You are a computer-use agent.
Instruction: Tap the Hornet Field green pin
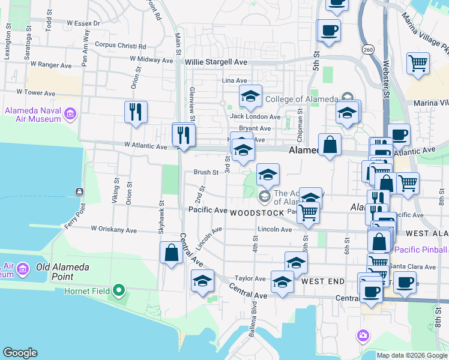[x=119, y=292]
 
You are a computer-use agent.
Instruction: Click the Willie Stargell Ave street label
[x=216, y=62]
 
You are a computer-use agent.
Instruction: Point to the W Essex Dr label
[x=83, y=23]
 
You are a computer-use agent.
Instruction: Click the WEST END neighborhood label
[x=323, y=281]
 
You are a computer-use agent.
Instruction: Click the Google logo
[x=20, y=353]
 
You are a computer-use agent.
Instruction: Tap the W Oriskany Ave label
[x=114, y=229]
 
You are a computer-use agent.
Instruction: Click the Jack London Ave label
[x=255, y=116]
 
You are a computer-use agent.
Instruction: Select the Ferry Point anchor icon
[x=79, y=192]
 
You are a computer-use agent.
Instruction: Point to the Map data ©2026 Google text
[x=412, y=355]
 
